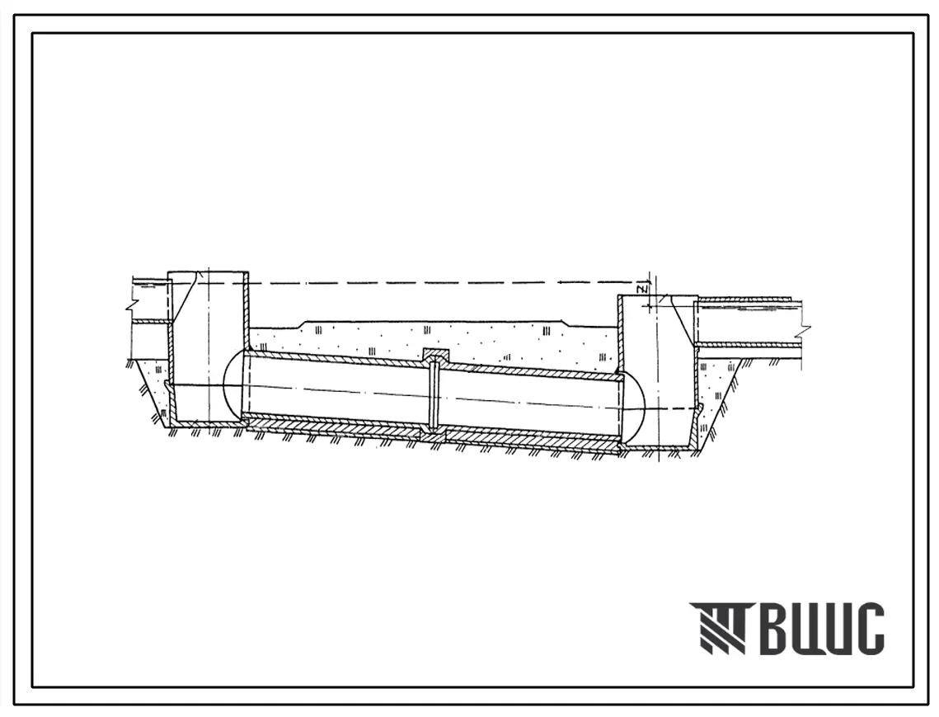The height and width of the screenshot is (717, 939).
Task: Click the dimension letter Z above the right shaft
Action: (x=642, y=290)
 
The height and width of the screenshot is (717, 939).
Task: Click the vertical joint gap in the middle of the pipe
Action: (x=434, y=398)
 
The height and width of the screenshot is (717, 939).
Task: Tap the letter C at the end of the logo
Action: (x=868, y=629)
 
